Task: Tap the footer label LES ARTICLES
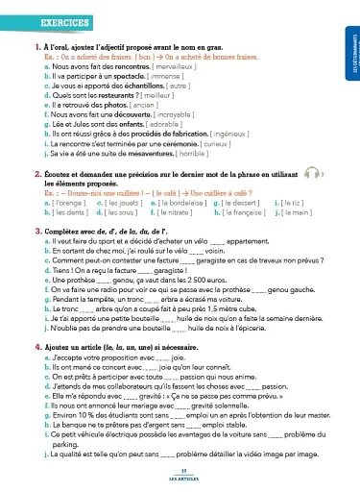(180, 477)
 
